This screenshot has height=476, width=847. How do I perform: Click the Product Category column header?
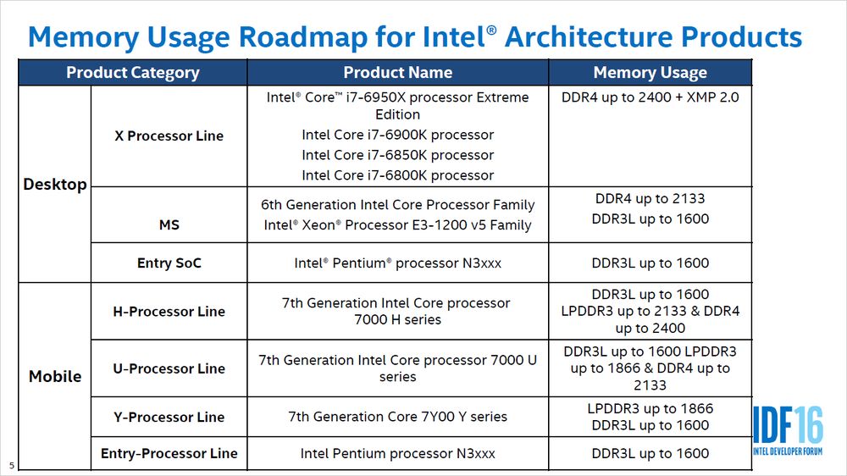coord(133,73)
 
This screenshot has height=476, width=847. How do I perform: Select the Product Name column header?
coord(397,73)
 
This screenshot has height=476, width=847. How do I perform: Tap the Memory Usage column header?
coord(650,73)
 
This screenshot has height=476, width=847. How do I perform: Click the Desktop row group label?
coord(55,185)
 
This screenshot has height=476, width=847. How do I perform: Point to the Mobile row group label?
coord(55,376)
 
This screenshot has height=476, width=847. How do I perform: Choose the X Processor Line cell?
coord(169,136)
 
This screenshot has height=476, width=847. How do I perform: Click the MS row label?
coord(169,225)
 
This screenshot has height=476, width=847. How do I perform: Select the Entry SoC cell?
coord(169,263)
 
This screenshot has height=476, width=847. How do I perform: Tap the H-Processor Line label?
coord(169,312)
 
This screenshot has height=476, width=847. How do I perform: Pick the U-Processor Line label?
coord(169,368)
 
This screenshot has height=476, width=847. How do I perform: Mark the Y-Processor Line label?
coord(169,417)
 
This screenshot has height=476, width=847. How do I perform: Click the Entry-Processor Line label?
coord(169,453)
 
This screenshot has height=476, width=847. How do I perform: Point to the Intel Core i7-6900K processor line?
coord(397,135)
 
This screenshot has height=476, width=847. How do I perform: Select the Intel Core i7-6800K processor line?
coord(397,175)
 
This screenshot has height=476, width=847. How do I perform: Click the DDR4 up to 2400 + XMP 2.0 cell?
coord(650,97)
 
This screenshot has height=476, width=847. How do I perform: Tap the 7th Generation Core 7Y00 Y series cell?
coord(397,417)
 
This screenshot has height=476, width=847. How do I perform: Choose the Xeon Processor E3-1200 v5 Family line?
coord(397,225)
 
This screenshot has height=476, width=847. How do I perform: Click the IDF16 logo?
coord(788,432)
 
